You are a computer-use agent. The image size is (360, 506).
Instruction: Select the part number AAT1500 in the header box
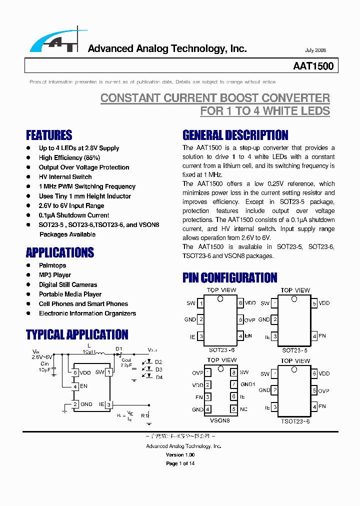313,66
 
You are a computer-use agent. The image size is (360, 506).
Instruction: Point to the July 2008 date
315,50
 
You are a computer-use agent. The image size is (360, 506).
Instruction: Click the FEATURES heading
49,135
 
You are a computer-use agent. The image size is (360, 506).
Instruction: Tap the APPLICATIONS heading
60,252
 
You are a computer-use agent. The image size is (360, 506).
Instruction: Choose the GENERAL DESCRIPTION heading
235,135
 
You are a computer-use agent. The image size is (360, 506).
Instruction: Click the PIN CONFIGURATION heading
229,277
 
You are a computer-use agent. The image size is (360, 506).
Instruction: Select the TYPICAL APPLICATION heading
77,334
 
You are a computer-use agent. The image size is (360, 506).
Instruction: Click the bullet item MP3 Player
55,275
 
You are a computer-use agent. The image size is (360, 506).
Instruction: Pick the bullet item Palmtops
52,265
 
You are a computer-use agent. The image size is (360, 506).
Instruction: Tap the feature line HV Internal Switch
65,177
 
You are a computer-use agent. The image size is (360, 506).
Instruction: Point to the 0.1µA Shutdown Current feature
74,215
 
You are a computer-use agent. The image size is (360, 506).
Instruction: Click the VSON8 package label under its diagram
220,421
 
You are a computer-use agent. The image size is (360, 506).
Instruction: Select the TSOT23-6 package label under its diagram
295,421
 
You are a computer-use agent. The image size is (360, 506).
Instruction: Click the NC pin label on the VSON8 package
243,409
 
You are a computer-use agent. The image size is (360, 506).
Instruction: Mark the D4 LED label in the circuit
158,377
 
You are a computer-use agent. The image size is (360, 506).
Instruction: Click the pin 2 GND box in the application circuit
75,404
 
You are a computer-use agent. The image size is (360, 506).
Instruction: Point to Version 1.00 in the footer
180,455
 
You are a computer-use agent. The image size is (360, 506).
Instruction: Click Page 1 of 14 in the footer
180,463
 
